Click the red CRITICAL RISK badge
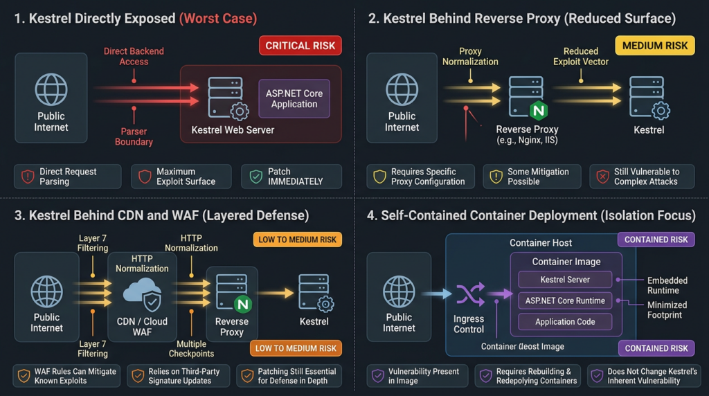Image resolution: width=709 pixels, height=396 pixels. click(300, 46)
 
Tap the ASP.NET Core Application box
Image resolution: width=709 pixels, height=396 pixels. click(294, 98)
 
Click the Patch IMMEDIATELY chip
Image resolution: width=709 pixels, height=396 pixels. click(291, 177)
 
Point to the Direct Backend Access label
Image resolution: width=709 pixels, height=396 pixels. click(134, 56)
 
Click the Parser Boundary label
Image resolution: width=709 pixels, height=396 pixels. click(134, 136)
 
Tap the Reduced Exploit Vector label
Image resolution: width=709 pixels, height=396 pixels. click(581, 56)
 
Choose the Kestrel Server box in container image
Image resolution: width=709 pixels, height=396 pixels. click(565, 280)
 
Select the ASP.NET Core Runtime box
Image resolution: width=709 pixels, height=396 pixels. click(565, 300)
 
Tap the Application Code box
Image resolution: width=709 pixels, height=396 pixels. click(565, 321)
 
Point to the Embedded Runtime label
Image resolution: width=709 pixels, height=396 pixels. click(667, 285)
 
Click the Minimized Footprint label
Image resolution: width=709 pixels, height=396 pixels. click(667, 309)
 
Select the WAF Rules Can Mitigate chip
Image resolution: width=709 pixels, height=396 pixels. click(66, 376)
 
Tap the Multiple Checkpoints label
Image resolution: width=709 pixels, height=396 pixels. click(192, 349)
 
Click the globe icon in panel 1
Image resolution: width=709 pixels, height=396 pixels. click(51, 90)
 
